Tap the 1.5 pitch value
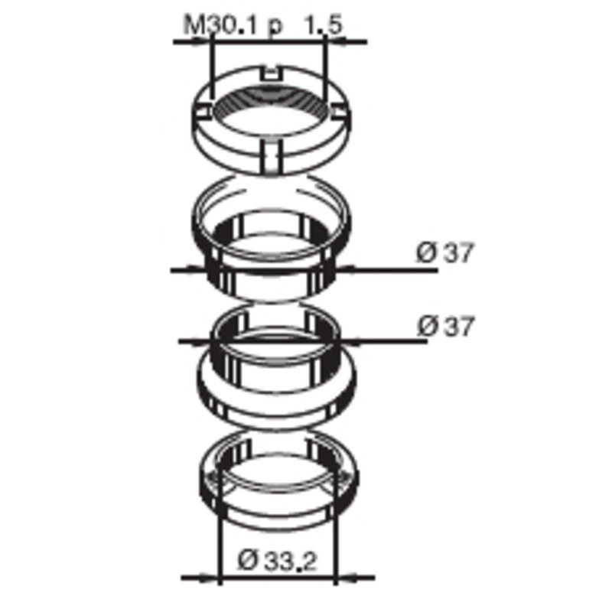pyautogui.click(x=323, y=25)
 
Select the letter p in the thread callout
pyautogui.click(x=275, y=28)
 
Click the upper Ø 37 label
pyautogui.click(x=444, y=252)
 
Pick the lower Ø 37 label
pyautogui.click(x=445, y=326)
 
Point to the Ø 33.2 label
pyautogui.click(x=277, y=561)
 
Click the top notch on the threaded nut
pyautogui.click(x=272, y=72)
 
